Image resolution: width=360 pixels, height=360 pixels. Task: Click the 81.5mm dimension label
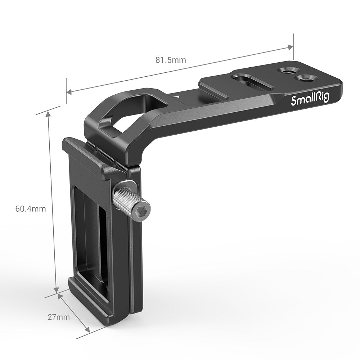[171, 60]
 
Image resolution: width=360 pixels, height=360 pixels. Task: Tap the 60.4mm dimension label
[31, 209]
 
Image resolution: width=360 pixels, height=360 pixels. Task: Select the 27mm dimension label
[59, 317]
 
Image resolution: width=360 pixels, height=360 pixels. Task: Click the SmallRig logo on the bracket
[310, 99]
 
